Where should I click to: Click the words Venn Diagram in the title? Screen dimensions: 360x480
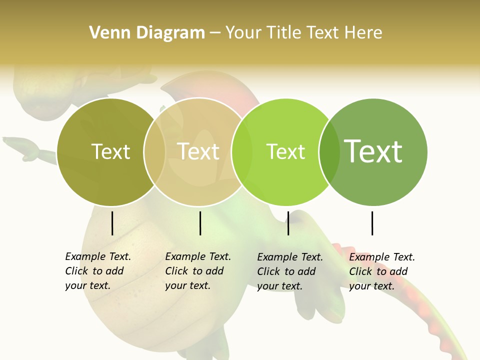point(147,33)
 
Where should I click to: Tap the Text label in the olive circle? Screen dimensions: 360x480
point(110,151)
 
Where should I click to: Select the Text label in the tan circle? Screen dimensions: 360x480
point(198,151)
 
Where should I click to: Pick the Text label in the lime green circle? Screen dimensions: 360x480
point(285,151)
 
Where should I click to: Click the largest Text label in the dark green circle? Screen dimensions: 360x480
point(373,151)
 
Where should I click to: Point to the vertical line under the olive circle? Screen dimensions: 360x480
point(112,223)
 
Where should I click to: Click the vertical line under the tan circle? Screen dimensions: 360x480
point(200,223)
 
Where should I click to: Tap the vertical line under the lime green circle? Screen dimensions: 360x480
point(288,223)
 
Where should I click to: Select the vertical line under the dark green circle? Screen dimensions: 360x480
point(372,223)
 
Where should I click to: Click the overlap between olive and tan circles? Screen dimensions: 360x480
point(155,152)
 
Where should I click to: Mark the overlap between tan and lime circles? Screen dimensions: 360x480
point(242,152)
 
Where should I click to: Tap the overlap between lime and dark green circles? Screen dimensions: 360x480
point(329,152)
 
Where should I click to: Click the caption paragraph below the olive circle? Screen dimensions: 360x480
point(98,271)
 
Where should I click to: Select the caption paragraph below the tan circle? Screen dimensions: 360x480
point(198,271)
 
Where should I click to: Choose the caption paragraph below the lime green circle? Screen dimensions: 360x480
point(290,271)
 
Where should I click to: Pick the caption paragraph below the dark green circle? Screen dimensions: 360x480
point(382,271)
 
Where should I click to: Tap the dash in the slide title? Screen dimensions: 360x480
point(215,33)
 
